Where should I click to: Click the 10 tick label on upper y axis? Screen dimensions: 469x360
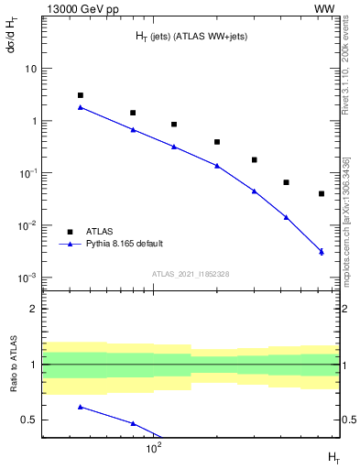[31, 69]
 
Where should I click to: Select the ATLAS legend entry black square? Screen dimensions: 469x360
[70, 232]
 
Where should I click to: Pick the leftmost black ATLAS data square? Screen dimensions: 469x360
[81, 95]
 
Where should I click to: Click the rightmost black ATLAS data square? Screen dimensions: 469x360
[322, 193]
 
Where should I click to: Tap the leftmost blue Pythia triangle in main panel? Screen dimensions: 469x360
[81, 107]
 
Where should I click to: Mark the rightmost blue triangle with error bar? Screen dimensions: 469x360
[322, 251]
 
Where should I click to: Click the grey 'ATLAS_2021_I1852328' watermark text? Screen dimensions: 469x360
[191, 274]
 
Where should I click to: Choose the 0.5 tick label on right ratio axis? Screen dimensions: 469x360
[351, 420]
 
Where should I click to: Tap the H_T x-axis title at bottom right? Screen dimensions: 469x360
[333, 456]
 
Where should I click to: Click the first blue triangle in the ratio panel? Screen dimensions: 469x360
[81, 406]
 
